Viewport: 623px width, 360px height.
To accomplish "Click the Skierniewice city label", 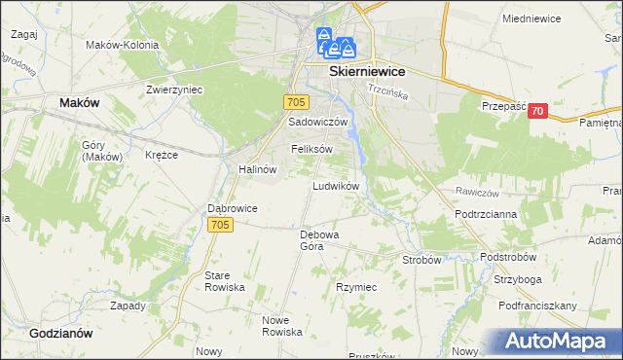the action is click(367, 72).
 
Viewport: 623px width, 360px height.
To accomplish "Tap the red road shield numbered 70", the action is click(537, 112).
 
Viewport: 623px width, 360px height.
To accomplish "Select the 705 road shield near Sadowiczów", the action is click(298, 102).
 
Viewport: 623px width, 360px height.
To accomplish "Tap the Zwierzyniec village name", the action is click(173, 90).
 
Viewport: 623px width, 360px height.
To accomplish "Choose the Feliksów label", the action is click(311, 149).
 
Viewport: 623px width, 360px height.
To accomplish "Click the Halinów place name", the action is click(258, 168).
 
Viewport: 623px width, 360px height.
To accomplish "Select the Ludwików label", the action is click(337, 185).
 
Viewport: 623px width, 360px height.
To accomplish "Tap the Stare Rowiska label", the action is click(224, 281).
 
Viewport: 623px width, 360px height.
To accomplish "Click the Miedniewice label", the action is click(535, 18).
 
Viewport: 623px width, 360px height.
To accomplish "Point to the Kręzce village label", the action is click(161, 156).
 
